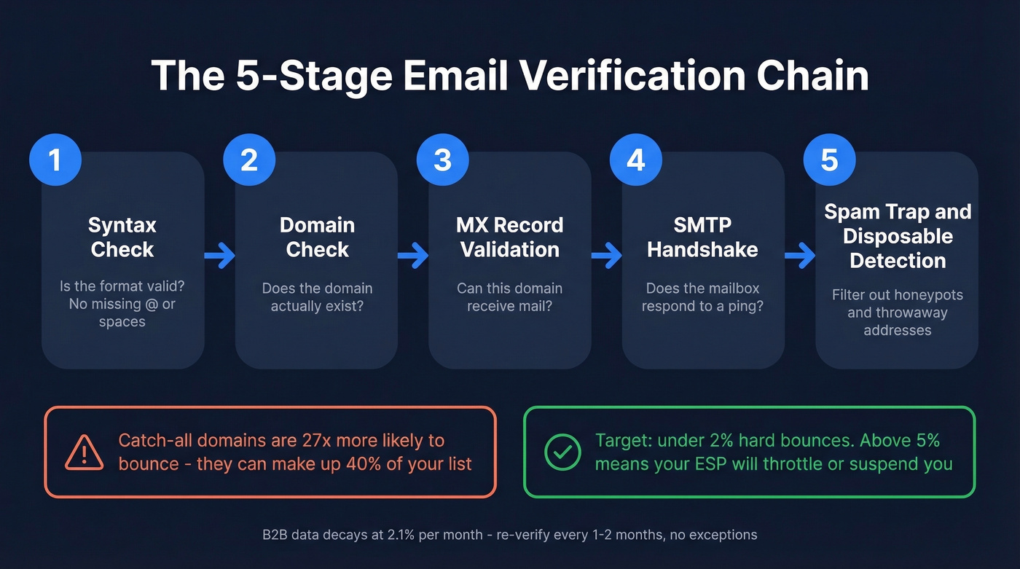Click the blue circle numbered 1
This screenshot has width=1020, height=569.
[55, 160]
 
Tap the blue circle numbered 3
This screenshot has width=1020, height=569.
[442, 160]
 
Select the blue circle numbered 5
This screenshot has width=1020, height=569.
[829, 160]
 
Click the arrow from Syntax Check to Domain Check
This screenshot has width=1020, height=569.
[219, 256]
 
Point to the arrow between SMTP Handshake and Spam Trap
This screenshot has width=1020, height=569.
[799, 256]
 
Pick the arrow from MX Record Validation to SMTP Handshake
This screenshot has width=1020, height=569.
[606, 256]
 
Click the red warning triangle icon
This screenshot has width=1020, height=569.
[85, 452]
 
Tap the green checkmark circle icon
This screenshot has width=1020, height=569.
[562, 452]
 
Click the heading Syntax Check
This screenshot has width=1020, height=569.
[122, 237]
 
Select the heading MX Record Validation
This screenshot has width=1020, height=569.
[509, 237]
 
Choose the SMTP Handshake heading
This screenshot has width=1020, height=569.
[702, 237]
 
